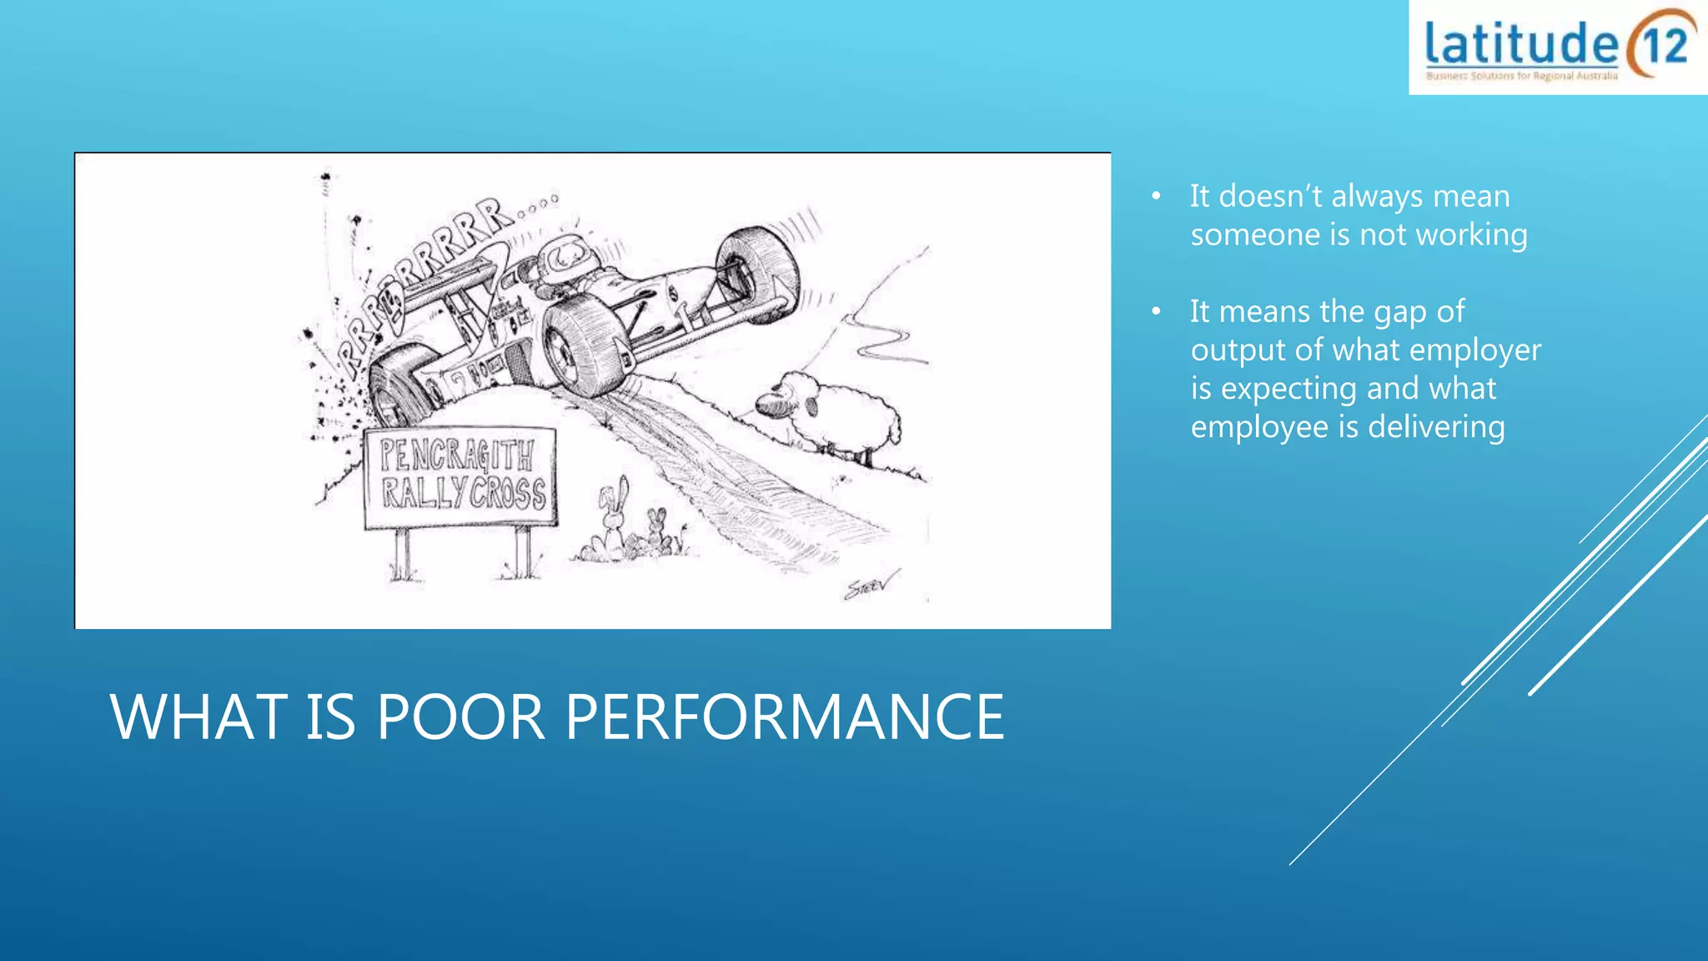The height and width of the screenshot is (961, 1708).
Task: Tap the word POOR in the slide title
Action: click(x=460, y=717)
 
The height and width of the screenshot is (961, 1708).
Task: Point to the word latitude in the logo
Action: click(x=1521, y=43)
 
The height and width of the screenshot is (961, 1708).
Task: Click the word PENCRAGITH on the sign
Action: click(x=457, y=455)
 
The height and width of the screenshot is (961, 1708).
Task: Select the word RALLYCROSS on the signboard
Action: click(x=464, y=493)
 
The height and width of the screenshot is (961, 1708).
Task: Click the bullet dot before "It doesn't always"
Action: click(x=1156, y=197)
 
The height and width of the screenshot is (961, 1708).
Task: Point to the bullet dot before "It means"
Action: click(x=1156, y=312)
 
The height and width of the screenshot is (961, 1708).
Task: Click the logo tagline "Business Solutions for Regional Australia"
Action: click(x=1521, y=76)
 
